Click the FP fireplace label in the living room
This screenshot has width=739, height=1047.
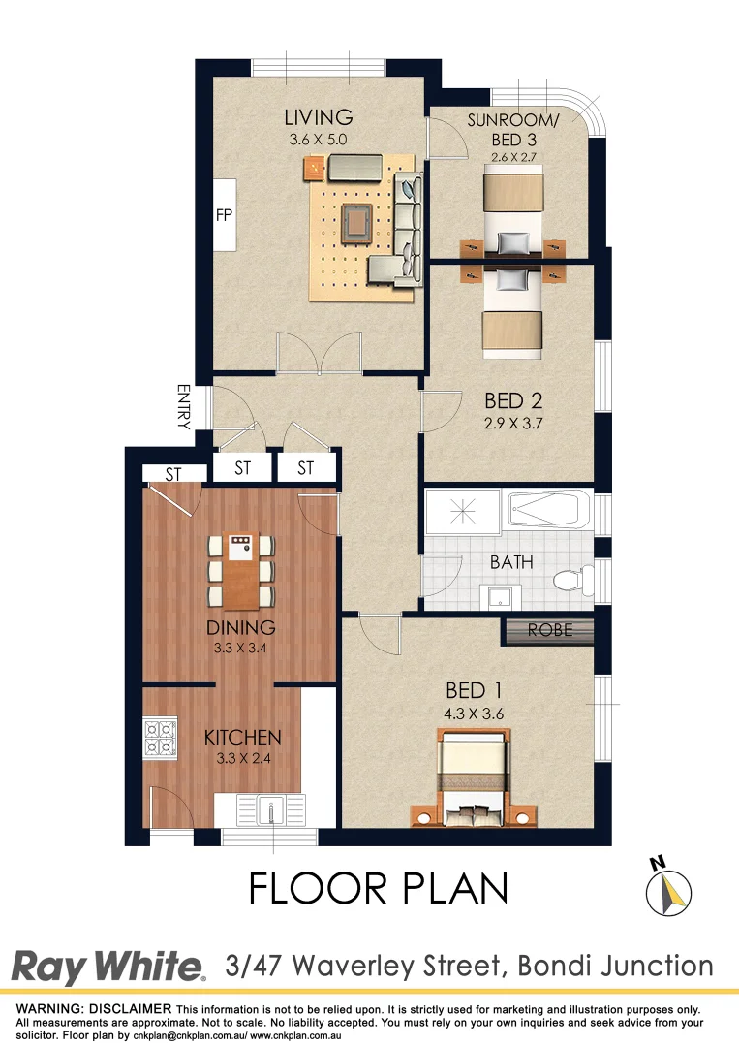coord(224,215)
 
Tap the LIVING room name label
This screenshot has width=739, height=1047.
coord(318,117)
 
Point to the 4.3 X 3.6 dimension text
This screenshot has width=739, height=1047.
coord(474,714)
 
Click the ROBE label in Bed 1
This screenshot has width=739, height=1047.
coord(549,631)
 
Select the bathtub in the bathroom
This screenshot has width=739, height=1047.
coord(548,509)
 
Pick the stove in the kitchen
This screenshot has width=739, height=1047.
coord(160,738)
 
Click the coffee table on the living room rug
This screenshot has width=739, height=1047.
coord(357,222)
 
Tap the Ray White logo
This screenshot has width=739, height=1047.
coord(108,967)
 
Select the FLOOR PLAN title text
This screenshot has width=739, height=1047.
coord(379,889)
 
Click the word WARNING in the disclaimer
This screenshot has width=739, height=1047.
coord(48,1010)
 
